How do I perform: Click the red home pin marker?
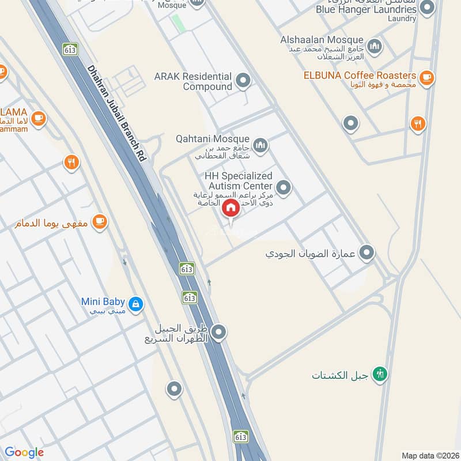(231, 209)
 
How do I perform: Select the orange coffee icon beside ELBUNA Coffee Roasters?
(426, 77)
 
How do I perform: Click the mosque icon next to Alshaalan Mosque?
(375, 45)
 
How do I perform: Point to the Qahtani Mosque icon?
(260, 144)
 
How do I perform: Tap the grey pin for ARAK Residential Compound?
(243, 81)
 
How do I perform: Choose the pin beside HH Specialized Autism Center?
(283, 187)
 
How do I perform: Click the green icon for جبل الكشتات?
(380, 375)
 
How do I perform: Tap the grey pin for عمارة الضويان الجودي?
(366, 252)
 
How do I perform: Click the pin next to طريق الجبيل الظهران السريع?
(218, 332)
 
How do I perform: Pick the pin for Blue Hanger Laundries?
(427, 8)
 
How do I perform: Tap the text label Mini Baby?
(103, 301)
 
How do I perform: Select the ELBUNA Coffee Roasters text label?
(360, 75)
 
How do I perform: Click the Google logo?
(24, 452)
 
